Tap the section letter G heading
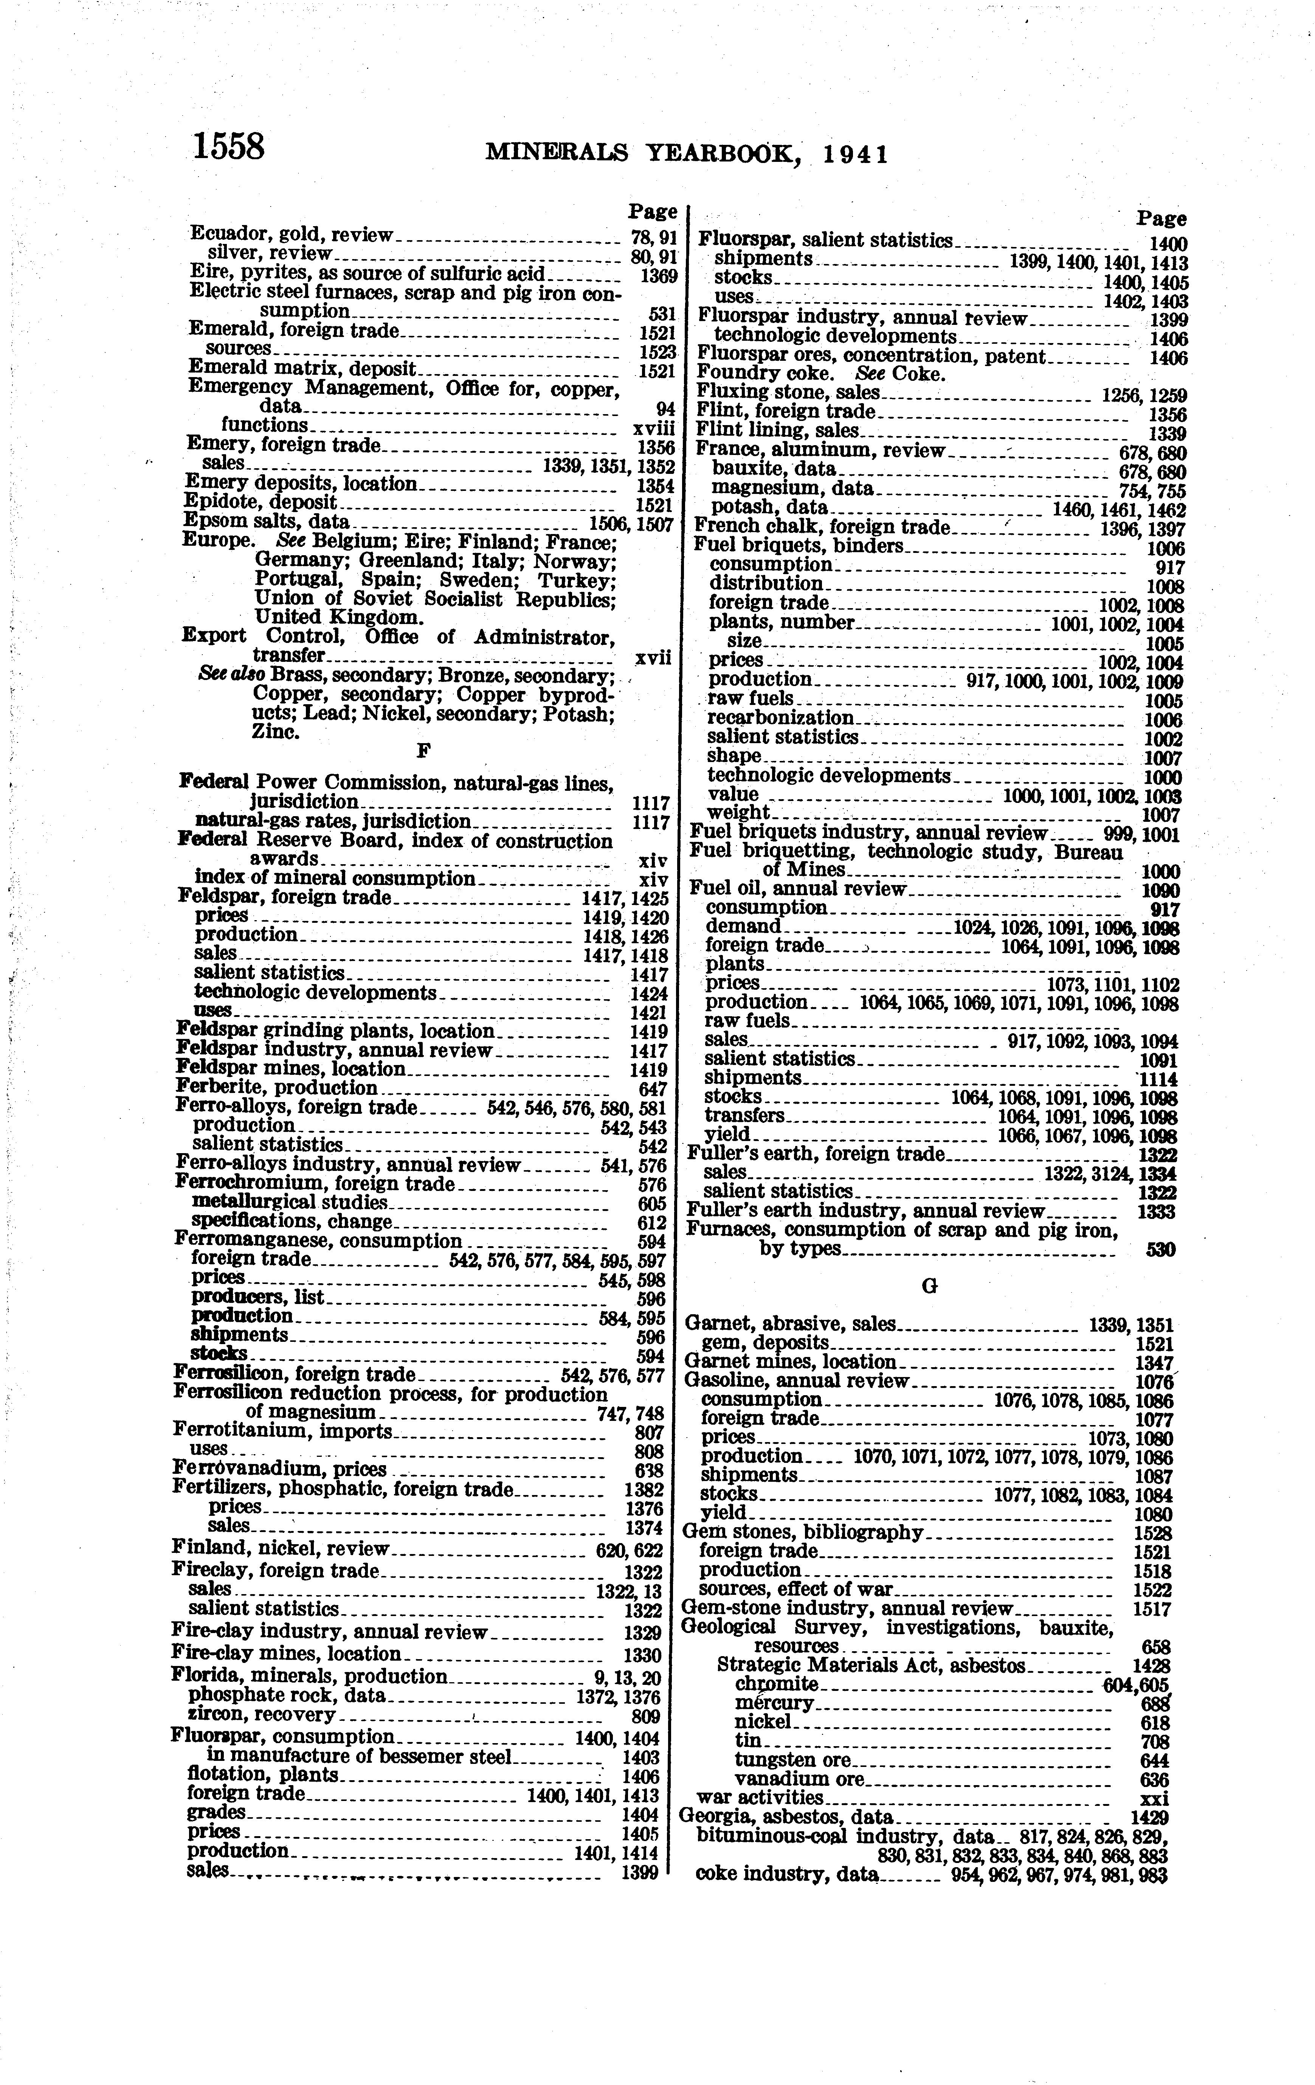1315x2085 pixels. coord(929,1287)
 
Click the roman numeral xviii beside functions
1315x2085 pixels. coord(654,427)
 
